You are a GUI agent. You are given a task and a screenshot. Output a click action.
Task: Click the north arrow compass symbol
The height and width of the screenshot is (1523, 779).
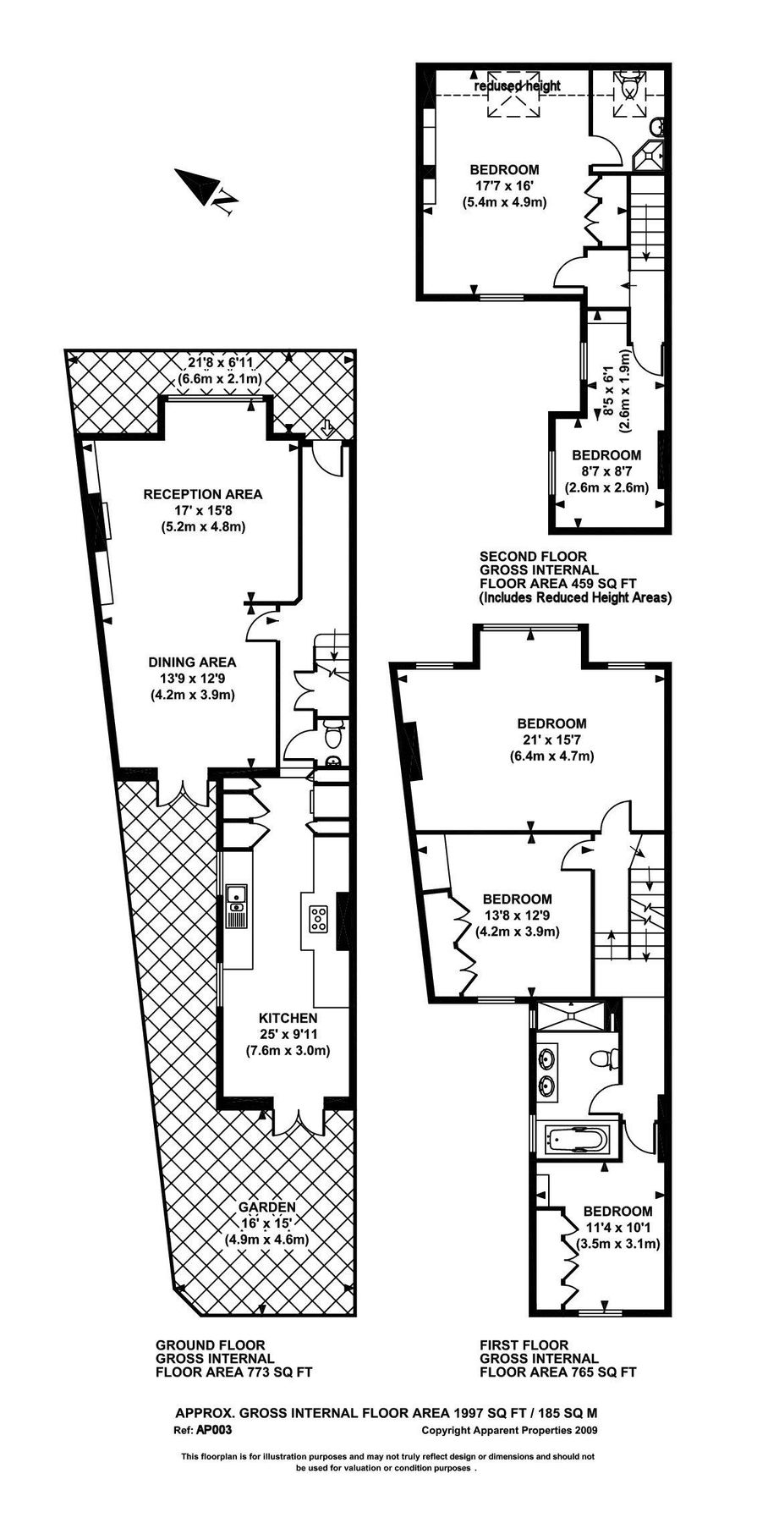click(x=207, y=190)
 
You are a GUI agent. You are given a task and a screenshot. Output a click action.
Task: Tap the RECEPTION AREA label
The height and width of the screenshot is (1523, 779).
click(x=203, y=494)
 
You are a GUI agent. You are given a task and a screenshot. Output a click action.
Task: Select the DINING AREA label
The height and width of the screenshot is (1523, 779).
click(x=192, y=663)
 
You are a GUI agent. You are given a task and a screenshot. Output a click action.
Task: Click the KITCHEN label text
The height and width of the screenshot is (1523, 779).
click(x=288, y=1019)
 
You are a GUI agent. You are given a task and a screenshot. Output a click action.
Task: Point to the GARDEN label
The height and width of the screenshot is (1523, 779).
click(x=266, y=1207)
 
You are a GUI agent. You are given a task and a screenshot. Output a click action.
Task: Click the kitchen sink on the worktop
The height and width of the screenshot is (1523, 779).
click(x=236, y=904)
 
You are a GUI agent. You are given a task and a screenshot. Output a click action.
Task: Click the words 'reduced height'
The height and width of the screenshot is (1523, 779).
click(x=517, y=86)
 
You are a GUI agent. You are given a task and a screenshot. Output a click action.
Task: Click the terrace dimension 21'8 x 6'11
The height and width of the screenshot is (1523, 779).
click(x=219, y=364)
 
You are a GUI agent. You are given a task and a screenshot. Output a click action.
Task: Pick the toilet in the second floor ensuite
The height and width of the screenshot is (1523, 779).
click(x=630, y=85)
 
